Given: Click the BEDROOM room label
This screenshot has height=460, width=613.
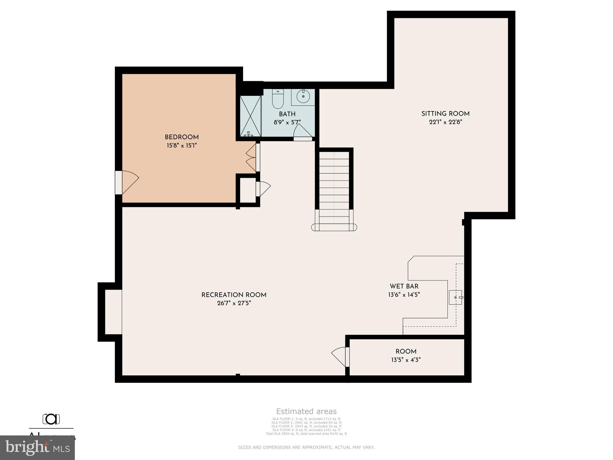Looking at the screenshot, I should point(182,137).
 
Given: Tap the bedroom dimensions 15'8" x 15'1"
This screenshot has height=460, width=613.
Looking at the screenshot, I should point(182,146).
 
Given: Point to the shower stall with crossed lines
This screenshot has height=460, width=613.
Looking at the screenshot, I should point(251,116).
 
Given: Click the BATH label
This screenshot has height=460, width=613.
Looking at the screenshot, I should point(287,114).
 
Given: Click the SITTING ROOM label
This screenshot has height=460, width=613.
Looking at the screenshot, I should point(445,114).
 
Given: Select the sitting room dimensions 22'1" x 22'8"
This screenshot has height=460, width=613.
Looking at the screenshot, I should point(445,122).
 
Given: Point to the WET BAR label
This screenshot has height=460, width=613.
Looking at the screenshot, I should point(404,286).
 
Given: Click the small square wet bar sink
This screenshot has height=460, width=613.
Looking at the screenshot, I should point(455,297).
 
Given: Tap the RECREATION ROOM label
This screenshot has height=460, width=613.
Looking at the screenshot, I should point(234,295).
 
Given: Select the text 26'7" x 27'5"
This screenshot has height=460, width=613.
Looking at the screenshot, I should point(234,303).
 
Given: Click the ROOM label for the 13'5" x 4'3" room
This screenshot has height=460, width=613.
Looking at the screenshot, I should point(406,352).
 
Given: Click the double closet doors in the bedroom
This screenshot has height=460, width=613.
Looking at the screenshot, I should point(251,158).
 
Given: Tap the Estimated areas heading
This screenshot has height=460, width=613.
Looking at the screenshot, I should point(306,411).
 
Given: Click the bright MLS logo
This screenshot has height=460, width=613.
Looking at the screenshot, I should point(37,448).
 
